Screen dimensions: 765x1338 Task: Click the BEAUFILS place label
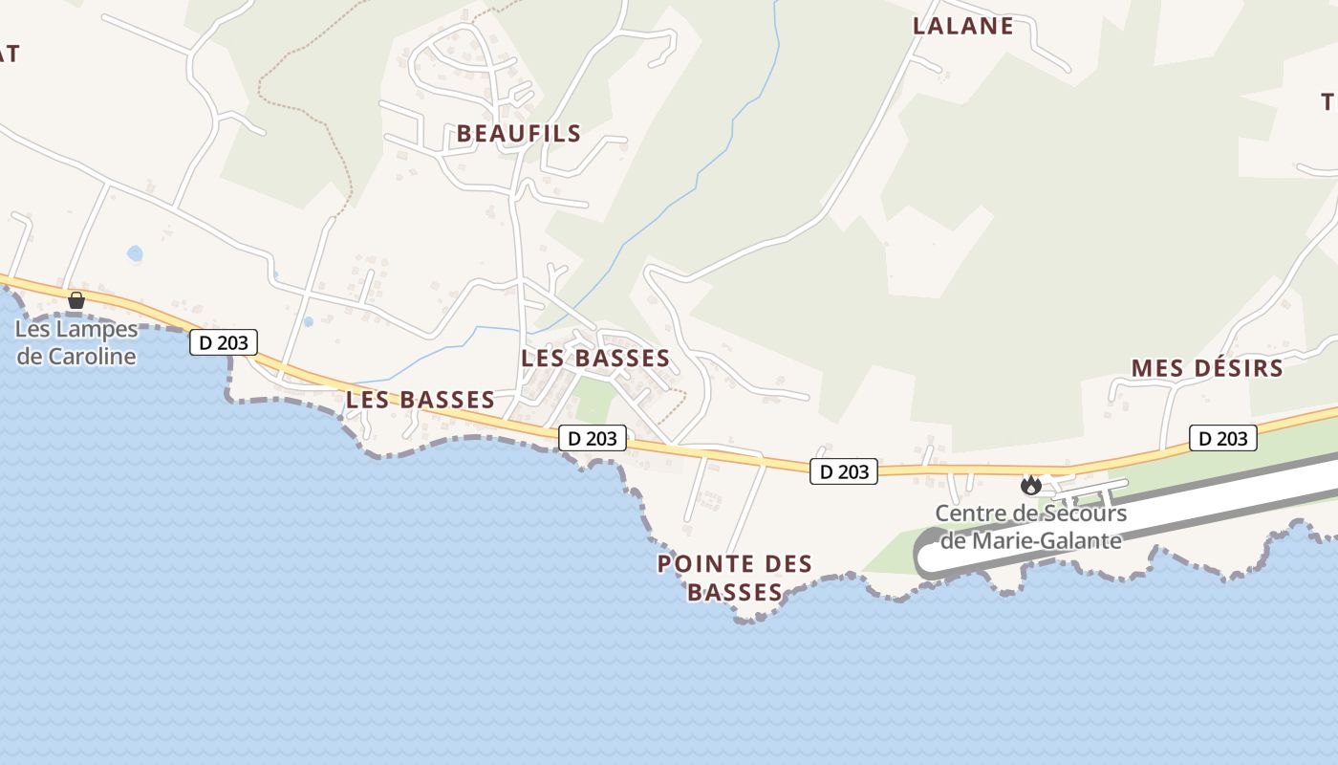[518, 133]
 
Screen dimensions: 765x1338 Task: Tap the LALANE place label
[962, 26]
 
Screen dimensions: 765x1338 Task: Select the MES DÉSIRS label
[1206, 368]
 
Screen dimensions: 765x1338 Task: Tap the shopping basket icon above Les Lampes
[76, 300]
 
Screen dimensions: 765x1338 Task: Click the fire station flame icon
[1030, 485]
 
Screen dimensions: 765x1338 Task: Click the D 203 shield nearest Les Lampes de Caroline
[224, 342]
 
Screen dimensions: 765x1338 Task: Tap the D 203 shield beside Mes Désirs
[1223, 439]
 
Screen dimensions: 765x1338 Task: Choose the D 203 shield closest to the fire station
[843, 470]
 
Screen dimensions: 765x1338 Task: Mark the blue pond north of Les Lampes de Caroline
[135, 253]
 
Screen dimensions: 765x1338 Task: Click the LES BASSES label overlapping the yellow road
[421, 400]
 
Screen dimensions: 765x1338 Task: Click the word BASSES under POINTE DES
[735, 593]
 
